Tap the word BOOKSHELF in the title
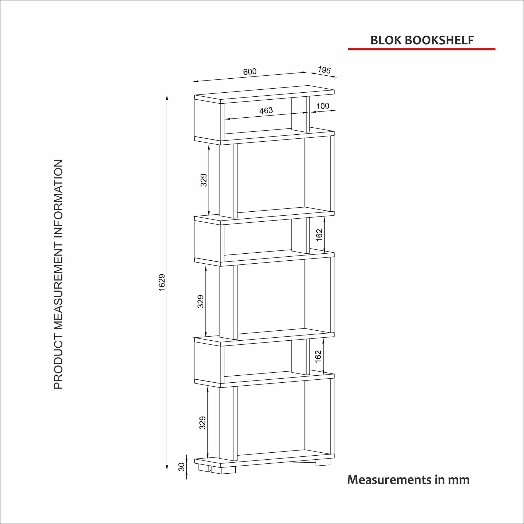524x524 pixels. pyautogui.click(x=439, y=40)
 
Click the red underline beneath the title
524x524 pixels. pyautogui.click(x=422, y=49)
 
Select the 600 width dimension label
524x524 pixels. pyautogui.click(x=250, y=72)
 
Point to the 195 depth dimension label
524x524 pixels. pyautogui.click(x=324, y=70)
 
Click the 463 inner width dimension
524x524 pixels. pyautogui.click(x=266, y=110)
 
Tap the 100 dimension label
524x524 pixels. pyautogui.click(x=323, y=106)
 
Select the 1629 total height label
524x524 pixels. pyautogui.click(x=162, y=282)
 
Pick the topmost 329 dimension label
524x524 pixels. pyautogui.click(x=204, y=180)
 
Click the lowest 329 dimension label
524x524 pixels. pyautogui.click(x=202, y=423)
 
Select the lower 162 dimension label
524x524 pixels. pyautogui.click(x=319, y=357)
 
